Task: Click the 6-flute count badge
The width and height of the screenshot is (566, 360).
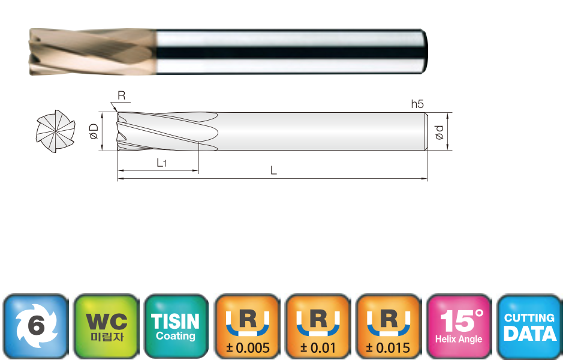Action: pos(36,326)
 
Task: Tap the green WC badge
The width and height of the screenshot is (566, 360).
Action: pos(107,326)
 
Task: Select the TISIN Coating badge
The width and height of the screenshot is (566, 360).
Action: pos(176,326)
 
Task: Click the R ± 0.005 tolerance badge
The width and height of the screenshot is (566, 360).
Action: pos(247,326)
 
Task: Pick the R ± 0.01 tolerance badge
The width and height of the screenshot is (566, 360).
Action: pos(318,326)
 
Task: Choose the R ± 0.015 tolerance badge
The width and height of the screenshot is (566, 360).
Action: pos(389,326)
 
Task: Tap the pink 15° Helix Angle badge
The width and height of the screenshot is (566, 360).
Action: pos(459,326)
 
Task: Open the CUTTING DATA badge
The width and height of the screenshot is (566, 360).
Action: pos(529,326)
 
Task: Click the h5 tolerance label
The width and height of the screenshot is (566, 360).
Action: pos(417,104)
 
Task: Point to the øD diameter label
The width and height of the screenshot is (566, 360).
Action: pos(94,131)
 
